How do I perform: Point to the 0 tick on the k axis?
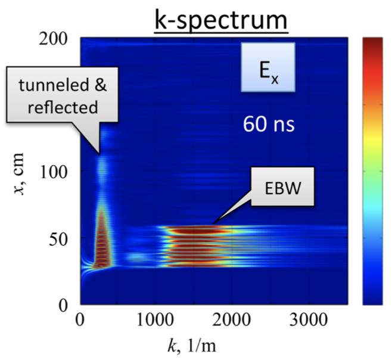[x=81, y=318]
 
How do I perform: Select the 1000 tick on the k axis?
[x=155, y=318]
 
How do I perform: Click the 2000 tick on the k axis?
[x=230, y=318]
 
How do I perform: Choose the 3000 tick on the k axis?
[x=304, y=318]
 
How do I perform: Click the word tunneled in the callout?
[x=52, y=87]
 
